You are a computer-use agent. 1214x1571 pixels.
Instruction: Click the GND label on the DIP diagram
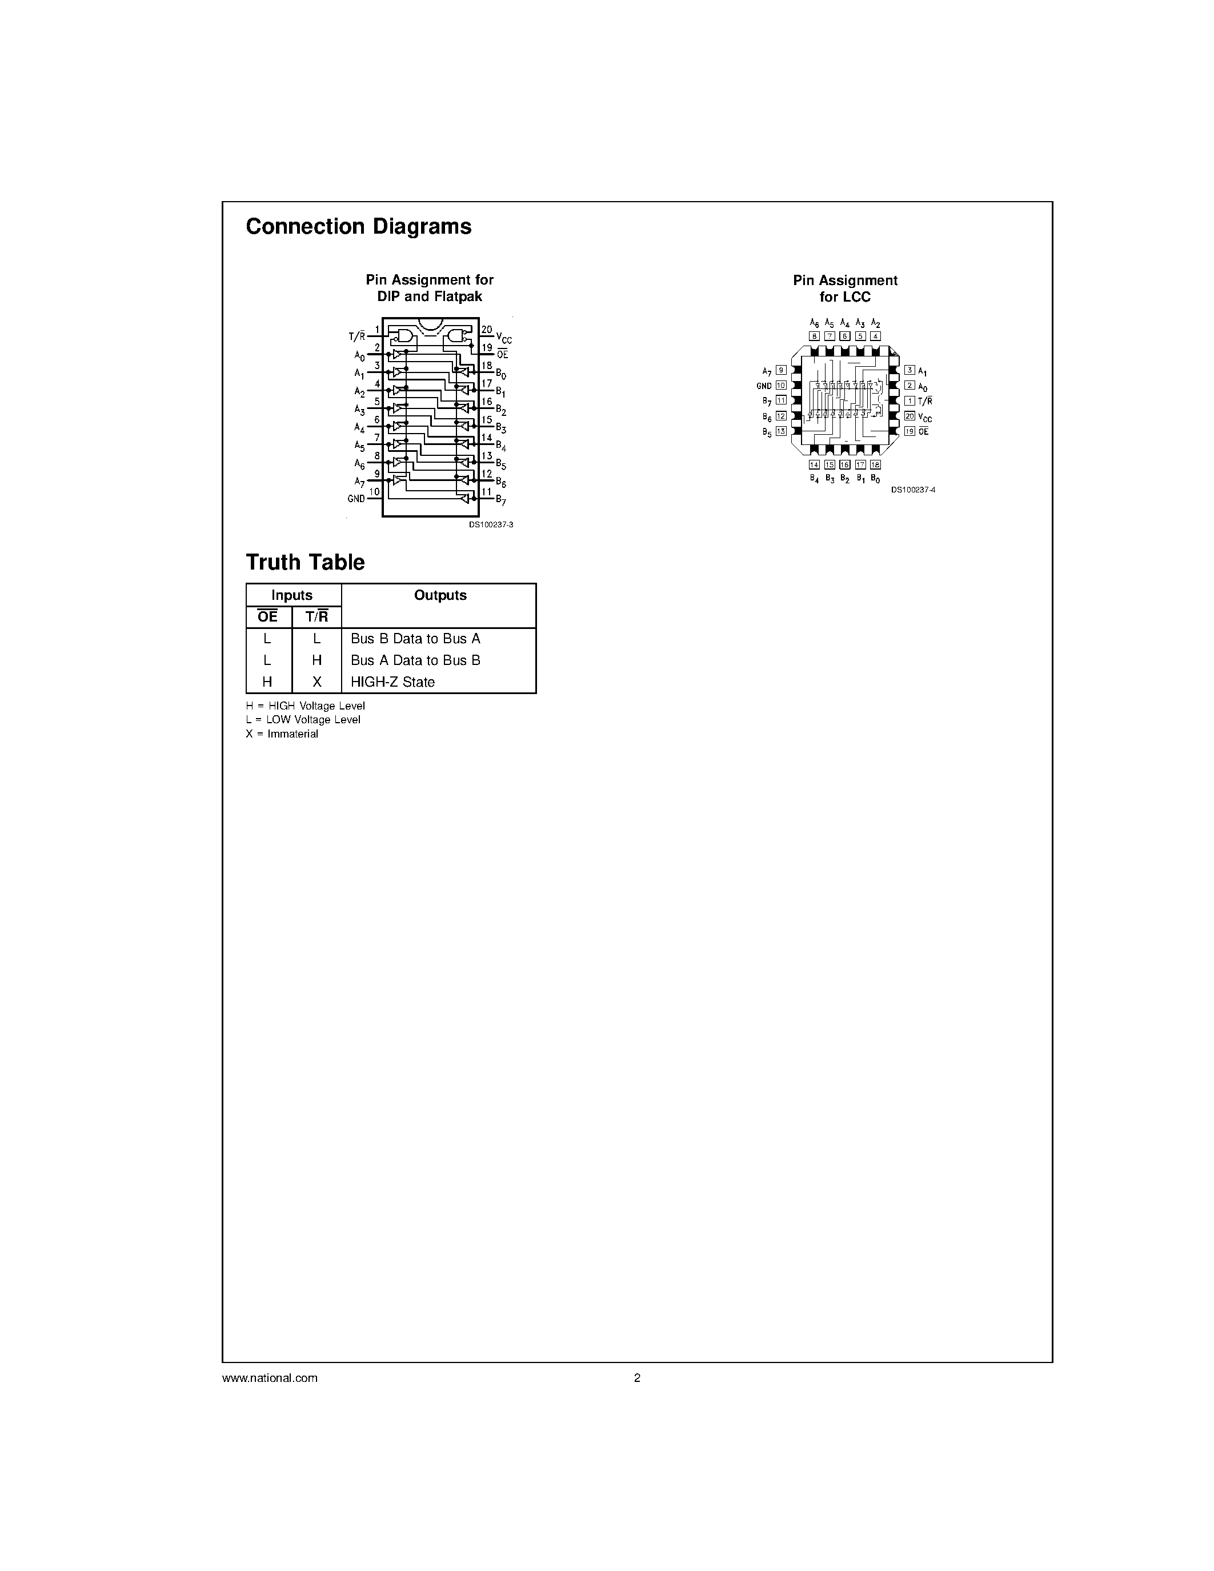(356, 499)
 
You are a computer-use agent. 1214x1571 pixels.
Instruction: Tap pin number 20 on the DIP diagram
(487, 330)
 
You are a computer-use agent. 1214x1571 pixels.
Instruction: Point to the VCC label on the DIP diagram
(503, 338)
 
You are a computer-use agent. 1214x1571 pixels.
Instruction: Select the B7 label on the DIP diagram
(500, 500)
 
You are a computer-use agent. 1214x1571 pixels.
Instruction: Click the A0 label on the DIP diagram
(359, 356)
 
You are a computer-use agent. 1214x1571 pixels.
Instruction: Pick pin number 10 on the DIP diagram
(374, 492)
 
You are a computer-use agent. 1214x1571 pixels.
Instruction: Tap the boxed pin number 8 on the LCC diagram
(814, 336)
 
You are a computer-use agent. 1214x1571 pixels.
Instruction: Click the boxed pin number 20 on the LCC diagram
(910, 416)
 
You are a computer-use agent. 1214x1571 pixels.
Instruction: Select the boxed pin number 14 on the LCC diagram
(814, 464)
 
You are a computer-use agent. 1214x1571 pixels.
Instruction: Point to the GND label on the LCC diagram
(764, 386)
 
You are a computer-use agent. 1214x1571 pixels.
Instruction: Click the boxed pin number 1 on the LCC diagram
(910, 400)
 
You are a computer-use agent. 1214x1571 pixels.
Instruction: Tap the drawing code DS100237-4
(913, 490)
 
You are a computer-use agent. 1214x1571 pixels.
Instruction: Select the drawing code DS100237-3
(491, 524)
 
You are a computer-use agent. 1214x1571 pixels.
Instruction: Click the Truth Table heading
(305, 563)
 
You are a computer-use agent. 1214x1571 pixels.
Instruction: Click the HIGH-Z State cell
(392, 682)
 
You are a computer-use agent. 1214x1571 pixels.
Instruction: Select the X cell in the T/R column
(316, 682)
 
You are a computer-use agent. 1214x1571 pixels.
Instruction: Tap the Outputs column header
(440, 595)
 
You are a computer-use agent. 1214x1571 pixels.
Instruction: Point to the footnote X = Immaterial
(282, 734)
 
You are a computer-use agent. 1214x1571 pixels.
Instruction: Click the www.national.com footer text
(270, 1378)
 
